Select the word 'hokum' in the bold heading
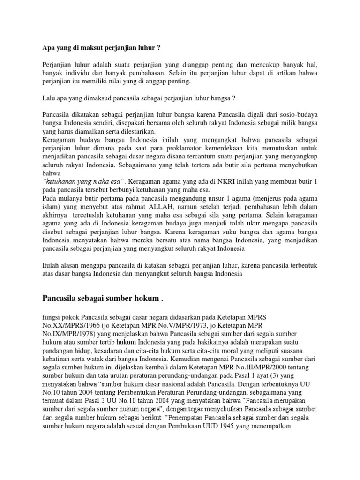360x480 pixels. point(143,298)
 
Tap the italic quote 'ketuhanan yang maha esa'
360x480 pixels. point(83,181)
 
